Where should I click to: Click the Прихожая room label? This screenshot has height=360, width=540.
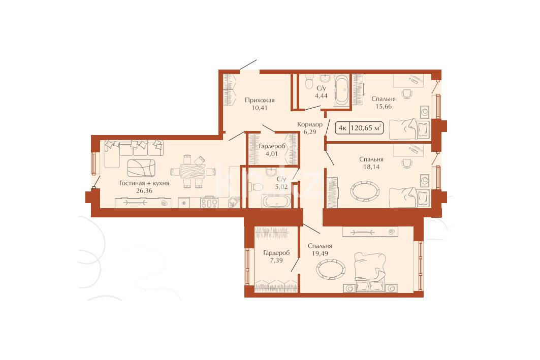pos(260,100)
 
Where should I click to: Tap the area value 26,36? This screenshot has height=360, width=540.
pos(144,191)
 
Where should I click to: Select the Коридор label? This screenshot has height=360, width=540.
pos(310,124)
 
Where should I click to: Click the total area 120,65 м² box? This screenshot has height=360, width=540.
pos(366,128)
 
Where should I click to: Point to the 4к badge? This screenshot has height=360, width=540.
pos(342,128)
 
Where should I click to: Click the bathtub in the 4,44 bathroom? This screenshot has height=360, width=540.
pos(342,90)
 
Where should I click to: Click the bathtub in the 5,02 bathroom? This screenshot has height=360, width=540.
pos(276,202)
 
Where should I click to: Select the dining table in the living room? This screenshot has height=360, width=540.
pos(193,171)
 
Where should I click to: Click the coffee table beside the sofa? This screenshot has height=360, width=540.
pos(141,168)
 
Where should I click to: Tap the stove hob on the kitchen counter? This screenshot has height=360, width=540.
pos(209,202)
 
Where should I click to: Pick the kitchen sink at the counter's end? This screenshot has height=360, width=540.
pos(234,202)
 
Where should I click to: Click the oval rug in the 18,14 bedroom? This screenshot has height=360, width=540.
pos(365,191)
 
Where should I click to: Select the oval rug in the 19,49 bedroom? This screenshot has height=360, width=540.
pos(331,269)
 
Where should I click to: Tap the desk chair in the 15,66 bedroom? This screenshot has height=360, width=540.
pos(407,93)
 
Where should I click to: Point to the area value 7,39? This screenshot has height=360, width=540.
pos(276,260)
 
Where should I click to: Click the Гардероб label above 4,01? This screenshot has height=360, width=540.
pos(272,146)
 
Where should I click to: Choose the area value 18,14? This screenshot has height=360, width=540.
pos(371,167)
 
